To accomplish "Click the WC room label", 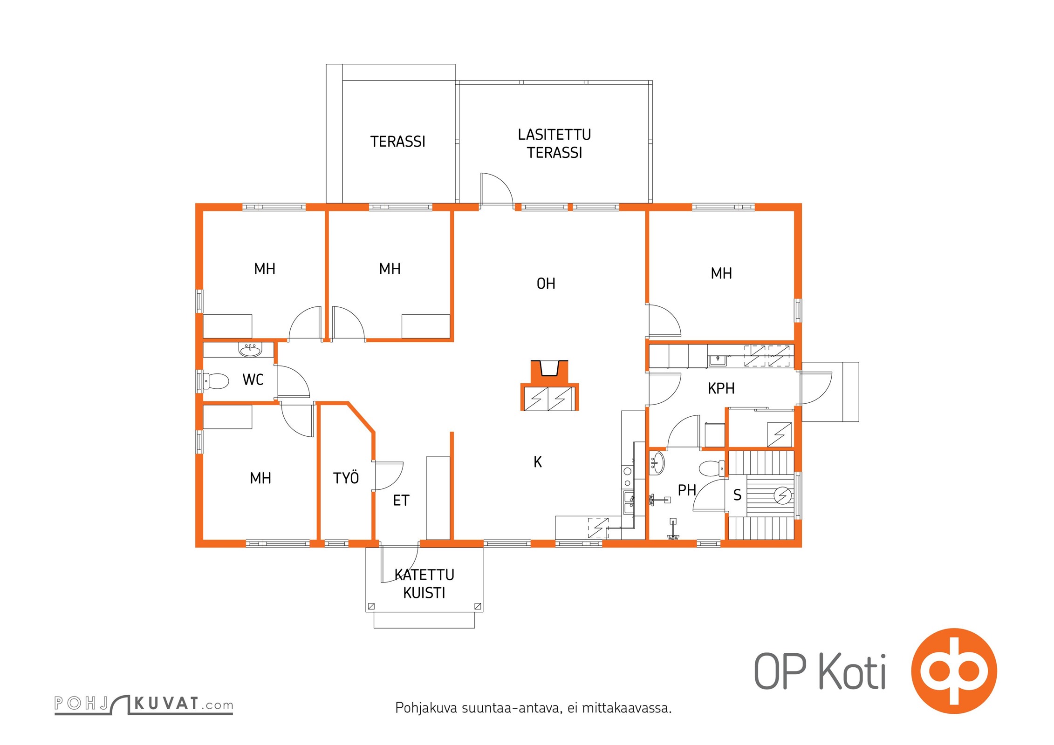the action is pos(253,380).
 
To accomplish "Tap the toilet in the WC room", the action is pos(216,381).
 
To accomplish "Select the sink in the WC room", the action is pos(250,350).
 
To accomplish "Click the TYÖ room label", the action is pos(346,478).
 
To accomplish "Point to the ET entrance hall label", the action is pos(401,501).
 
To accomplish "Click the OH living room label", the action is pos(546,284).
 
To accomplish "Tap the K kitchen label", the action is pos(538,462).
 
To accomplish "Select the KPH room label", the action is pos(721,388).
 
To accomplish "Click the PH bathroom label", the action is pos(687,490).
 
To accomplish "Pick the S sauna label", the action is pos(737,495).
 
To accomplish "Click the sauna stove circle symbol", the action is pos(783,495).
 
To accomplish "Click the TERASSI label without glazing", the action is pos(397,142).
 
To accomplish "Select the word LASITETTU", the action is pos(554,135).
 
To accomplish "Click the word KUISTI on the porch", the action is pos(424,593).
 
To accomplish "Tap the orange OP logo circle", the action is pos(954,671).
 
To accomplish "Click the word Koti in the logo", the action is pos(853,672).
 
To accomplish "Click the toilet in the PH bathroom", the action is pos(712,468).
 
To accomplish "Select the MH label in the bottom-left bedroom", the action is pos(260,478).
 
